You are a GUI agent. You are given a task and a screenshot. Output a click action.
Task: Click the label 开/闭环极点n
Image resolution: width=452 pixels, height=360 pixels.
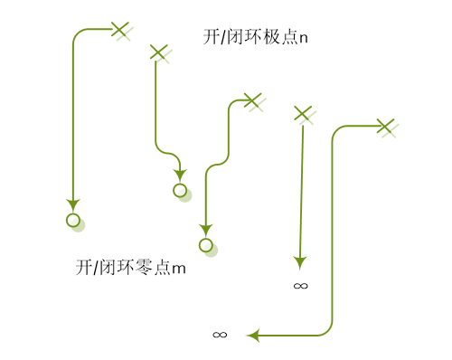[256, 37]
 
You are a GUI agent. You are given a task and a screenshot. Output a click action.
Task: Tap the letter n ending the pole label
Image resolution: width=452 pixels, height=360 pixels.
[303, 38]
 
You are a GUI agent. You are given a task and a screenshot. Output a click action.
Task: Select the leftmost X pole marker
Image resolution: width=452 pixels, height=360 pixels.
[119, 29]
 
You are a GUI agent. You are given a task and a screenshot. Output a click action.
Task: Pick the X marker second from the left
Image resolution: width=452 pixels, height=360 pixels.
[158, 52]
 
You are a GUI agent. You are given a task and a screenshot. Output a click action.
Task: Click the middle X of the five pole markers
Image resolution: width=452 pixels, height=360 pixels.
[252, 99]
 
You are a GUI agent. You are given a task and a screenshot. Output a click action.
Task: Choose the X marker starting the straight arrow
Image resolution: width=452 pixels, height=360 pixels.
[303, 113]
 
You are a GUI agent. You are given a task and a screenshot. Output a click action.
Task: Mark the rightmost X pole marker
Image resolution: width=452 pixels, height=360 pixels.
[385, 126]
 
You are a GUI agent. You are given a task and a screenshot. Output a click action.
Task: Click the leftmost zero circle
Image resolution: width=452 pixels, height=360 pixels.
[73, 220]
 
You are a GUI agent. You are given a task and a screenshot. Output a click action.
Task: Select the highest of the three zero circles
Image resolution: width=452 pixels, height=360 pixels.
[180, 190]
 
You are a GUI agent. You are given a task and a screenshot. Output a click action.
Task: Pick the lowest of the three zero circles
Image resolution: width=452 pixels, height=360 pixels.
[206, 245]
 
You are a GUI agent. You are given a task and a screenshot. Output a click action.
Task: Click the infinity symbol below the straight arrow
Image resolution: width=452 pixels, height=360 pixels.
[301, 286]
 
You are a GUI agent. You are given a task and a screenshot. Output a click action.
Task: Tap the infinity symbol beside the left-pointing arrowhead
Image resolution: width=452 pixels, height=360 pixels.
[220, 335]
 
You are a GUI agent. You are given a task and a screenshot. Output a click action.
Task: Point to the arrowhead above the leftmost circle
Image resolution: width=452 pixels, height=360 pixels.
[73, 204]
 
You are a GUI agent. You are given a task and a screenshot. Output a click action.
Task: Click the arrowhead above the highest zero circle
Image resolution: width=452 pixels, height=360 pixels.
[180, 175]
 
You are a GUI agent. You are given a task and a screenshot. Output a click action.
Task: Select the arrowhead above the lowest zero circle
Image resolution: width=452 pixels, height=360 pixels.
[206, 230]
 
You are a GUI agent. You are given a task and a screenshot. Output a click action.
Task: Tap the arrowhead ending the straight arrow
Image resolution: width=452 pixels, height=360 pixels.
[301, 262]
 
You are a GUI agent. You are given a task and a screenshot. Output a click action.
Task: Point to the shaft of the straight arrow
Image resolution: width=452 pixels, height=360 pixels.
[302, 190]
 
